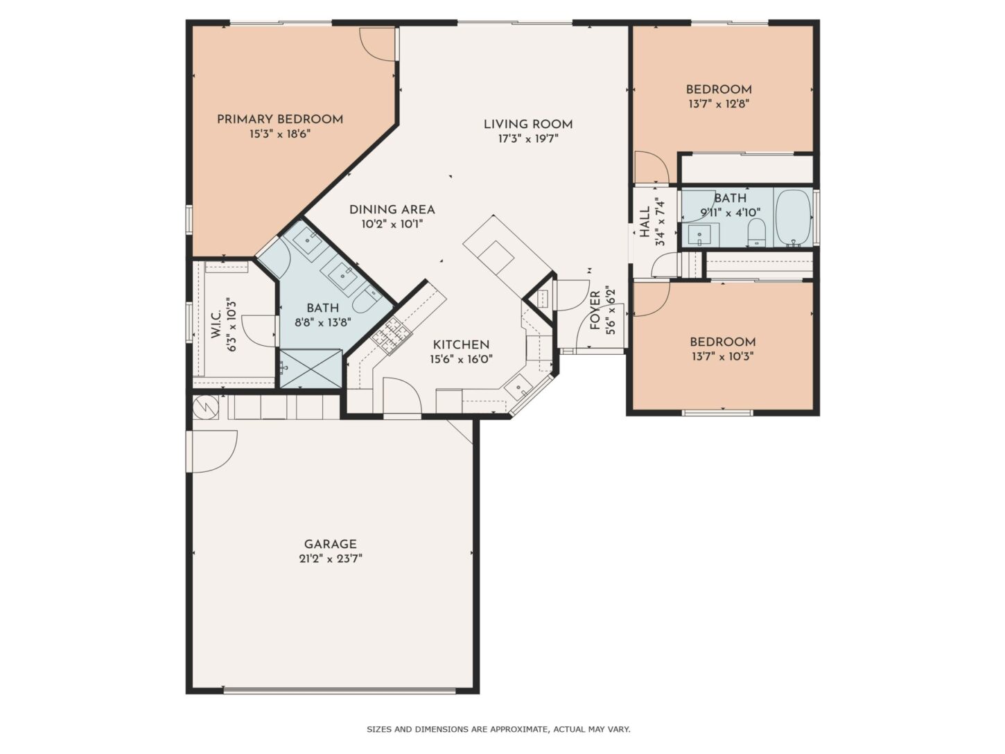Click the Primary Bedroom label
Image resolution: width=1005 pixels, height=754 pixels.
pyautogui.click(x=280, y=119)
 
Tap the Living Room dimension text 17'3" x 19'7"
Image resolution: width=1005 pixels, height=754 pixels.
pyautogui.click(x=528, y=139)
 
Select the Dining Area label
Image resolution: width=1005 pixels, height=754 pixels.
pyautogui.click(x=392, y=210)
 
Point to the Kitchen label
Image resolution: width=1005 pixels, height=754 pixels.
pyautogui.click(x=461, y=344)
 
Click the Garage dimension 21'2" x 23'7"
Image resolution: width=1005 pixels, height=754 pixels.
pyautogui.click(x=331, y=559)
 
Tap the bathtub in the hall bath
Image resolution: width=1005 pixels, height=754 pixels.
pyautogui.click(x=794, y=218)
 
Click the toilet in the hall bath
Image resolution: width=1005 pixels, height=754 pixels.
pyautogui.click(x=756, y=233)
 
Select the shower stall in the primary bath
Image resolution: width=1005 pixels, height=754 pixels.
pyautogui.click(x=311, y=369)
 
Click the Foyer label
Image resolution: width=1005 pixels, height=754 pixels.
pyautogui.click(x=595, y=310)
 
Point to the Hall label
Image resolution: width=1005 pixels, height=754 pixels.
pyautogui.click(x=645, y=222)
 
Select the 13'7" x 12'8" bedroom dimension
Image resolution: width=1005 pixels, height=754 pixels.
pyautogui.click(x=719, y=104)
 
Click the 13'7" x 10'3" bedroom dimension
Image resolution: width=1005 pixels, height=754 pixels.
pyautogui.click(x=722, y=356)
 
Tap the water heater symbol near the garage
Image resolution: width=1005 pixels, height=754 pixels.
pyautogui.click(x=206, y=407)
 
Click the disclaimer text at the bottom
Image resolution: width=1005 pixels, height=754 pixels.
pyautogui.click(x=498, y=729)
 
